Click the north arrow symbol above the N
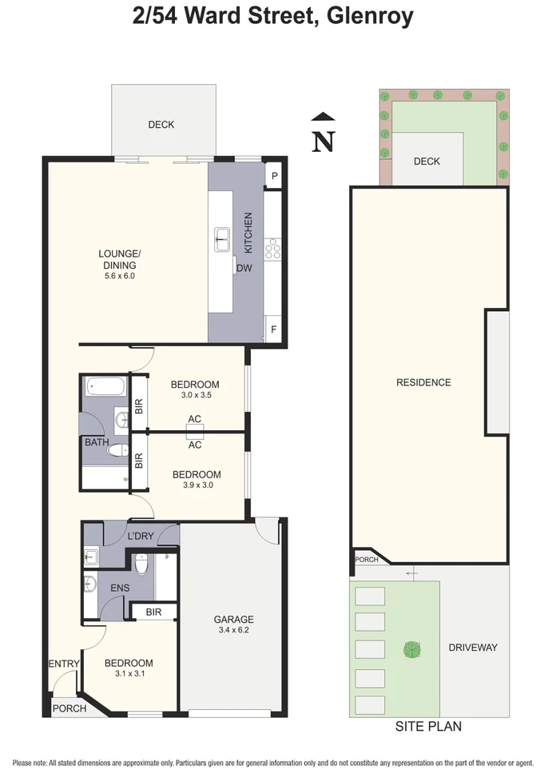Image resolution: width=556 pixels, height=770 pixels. (322, 118)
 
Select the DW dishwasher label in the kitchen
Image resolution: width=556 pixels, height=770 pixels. (244, 269)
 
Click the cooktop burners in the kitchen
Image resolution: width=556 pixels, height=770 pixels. (273, 249)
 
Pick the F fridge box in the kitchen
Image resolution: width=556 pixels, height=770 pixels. (274, 329)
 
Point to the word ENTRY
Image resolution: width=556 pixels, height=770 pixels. (64, 664)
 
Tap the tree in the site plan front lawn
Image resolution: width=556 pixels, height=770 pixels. (411, 649)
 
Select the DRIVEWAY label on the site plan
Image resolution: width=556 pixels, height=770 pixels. (473, 647)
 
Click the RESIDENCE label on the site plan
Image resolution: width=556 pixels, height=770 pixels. (423, 382)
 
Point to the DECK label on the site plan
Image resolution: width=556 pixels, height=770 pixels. (427, 162)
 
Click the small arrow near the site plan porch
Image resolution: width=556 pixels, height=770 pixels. (411, 573)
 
